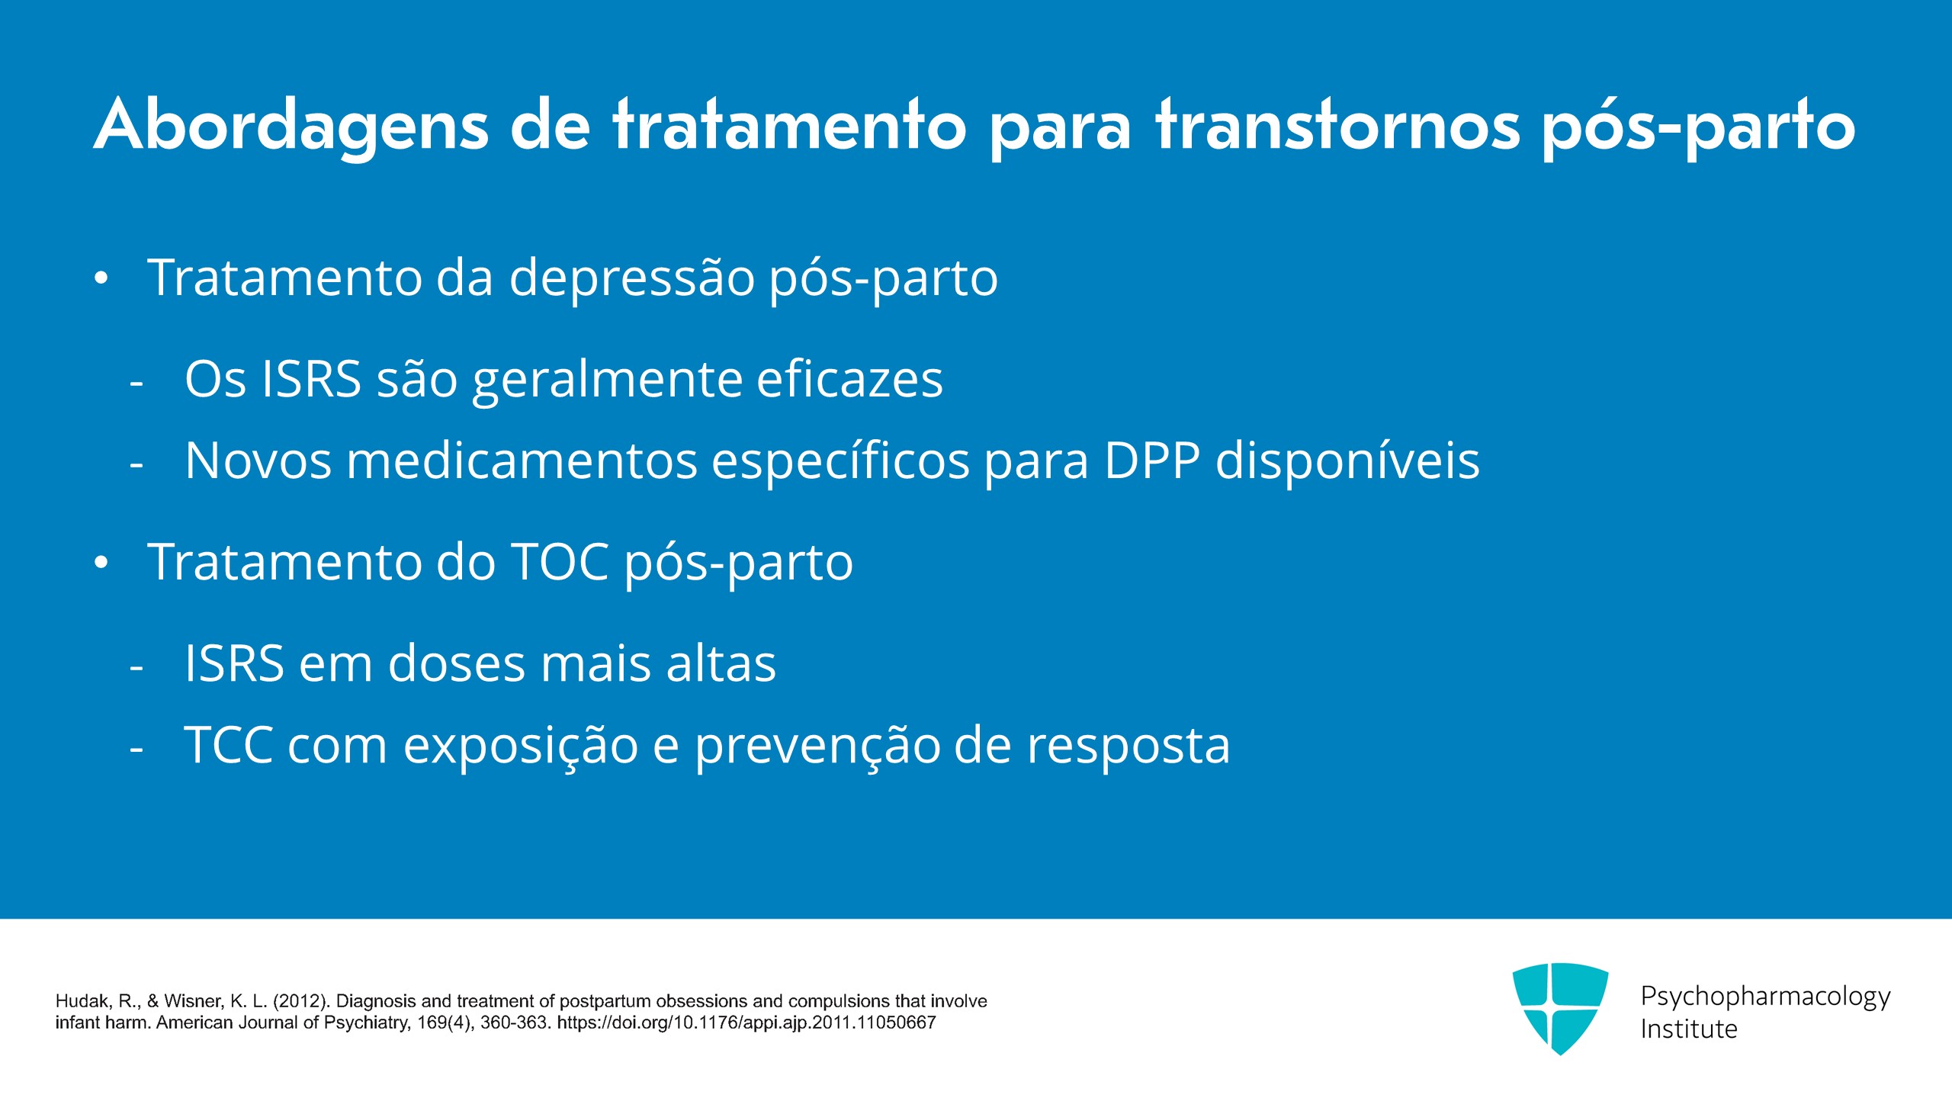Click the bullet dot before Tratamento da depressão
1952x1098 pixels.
pyautogui.click(x=101, y=278)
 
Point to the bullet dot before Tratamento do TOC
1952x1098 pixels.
pyautogui.click(x=101, y=563)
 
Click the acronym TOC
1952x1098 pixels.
pyautogui.click(x=559, y=562)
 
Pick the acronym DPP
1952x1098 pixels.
pyautogui.click(x=1151, y=461)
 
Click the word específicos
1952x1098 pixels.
pyautogui.click(x=840, y=462)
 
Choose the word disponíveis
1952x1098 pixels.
pyautogui.click(x=1347, y=461)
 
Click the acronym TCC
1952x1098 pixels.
pyautogui.click(x=229, y=745)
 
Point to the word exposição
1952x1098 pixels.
pyautogui.click(x=521, y=746)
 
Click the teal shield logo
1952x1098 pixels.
pyautogui.click(x=1560, y=1008)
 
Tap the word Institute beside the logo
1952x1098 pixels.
pyautogui.click(x=1689, y=1029)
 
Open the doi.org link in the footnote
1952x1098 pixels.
pyautogui.click(x=746, y=1023)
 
